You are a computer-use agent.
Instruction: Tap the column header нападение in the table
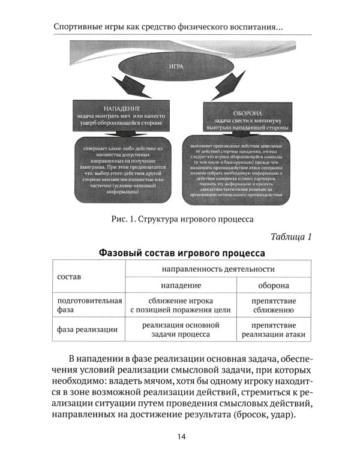click(181, 285)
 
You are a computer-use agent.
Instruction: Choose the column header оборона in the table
click(273, 285)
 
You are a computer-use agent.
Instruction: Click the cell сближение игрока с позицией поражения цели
click(181, 305)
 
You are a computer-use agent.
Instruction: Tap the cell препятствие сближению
click(273, 305)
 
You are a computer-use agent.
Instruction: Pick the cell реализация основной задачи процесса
click(181, 329)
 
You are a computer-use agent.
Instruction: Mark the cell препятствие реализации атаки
click(273, 329)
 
